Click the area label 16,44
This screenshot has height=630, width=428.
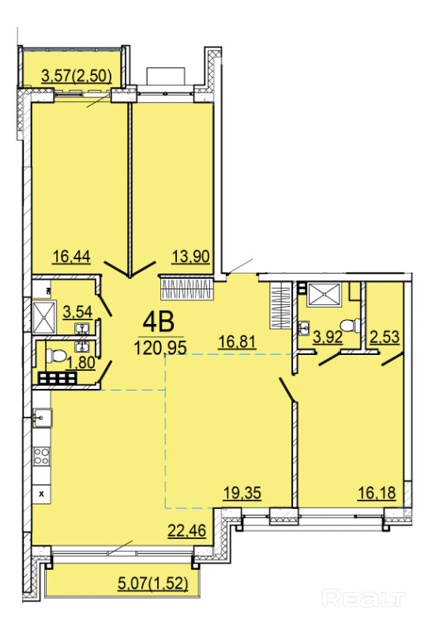(72, 256)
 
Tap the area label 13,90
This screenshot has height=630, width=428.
(191, 256)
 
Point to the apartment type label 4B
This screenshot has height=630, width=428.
(159, 322)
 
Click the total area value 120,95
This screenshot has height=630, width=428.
(160, 348)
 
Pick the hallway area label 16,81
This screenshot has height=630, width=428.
(237, 342)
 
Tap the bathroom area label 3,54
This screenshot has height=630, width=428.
(78, 311)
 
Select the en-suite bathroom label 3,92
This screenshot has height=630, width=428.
(328, 337)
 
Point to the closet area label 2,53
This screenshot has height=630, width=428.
(385, 337)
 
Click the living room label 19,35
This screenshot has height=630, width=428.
(242, 492)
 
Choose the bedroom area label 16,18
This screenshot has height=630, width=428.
(377, 492)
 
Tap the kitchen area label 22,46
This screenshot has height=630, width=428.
(186, 530)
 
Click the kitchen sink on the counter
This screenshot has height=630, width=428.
(42, 417)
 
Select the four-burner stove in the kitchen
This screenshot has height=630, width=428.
(41, 456)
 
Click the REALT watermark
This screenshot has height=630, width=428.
(364, 598)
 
